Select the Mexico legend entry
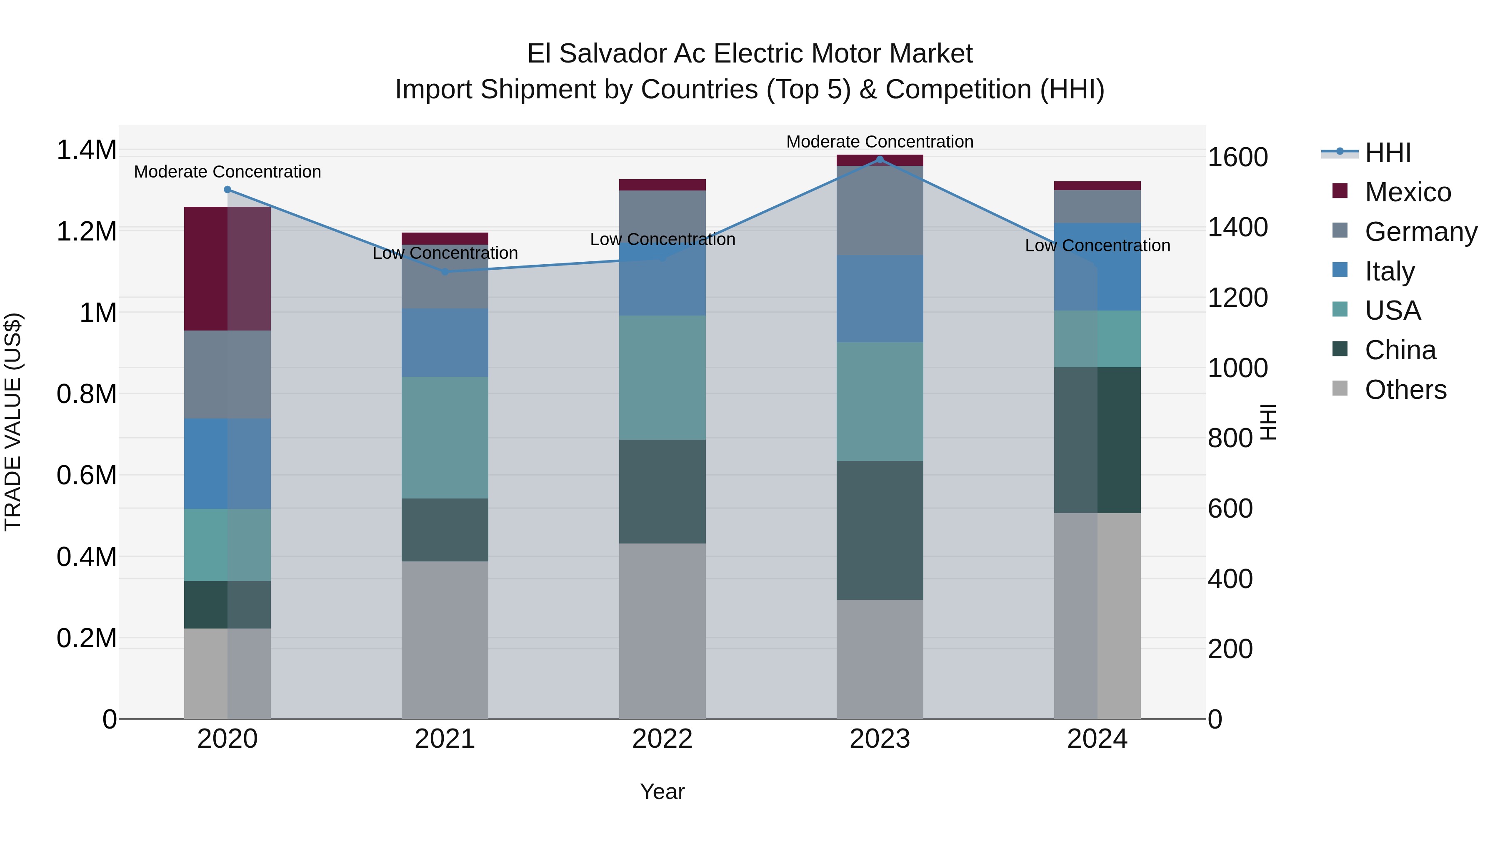(1407, 192)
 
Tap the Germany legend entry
(1420, 232)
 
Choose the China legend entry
(1400, 351)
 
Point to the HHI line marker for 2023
(880, 160)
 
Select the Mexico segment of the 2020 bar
(227, 268)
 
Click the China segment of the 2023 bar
(880, 530)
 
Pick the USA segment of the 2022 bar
(662, 378)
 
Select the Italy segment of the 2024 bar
(1097, 267)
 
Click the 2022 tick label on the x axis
(662, 739)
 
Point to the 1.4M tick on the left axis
(86, 150)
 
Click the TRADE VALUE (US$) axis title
(13, 422)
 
